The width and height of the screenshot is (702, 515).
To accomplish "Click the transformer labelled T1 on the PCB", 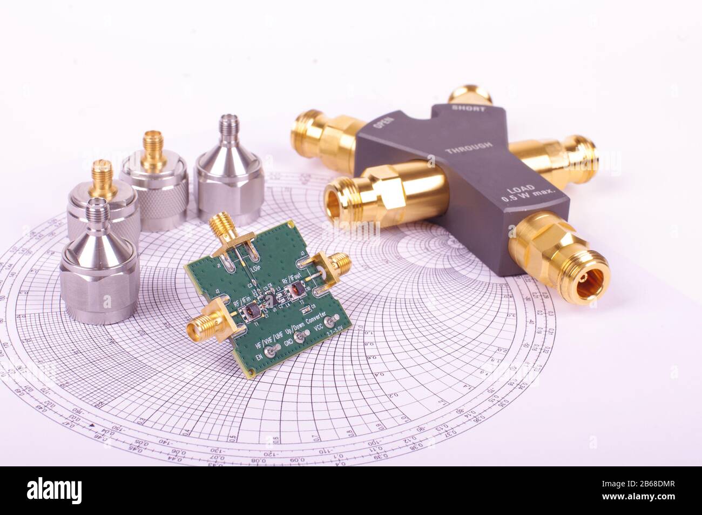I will [x=252, y=312].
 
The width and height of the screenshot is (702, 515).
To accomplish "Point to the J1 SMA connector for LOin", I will [x=221, y=228].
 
